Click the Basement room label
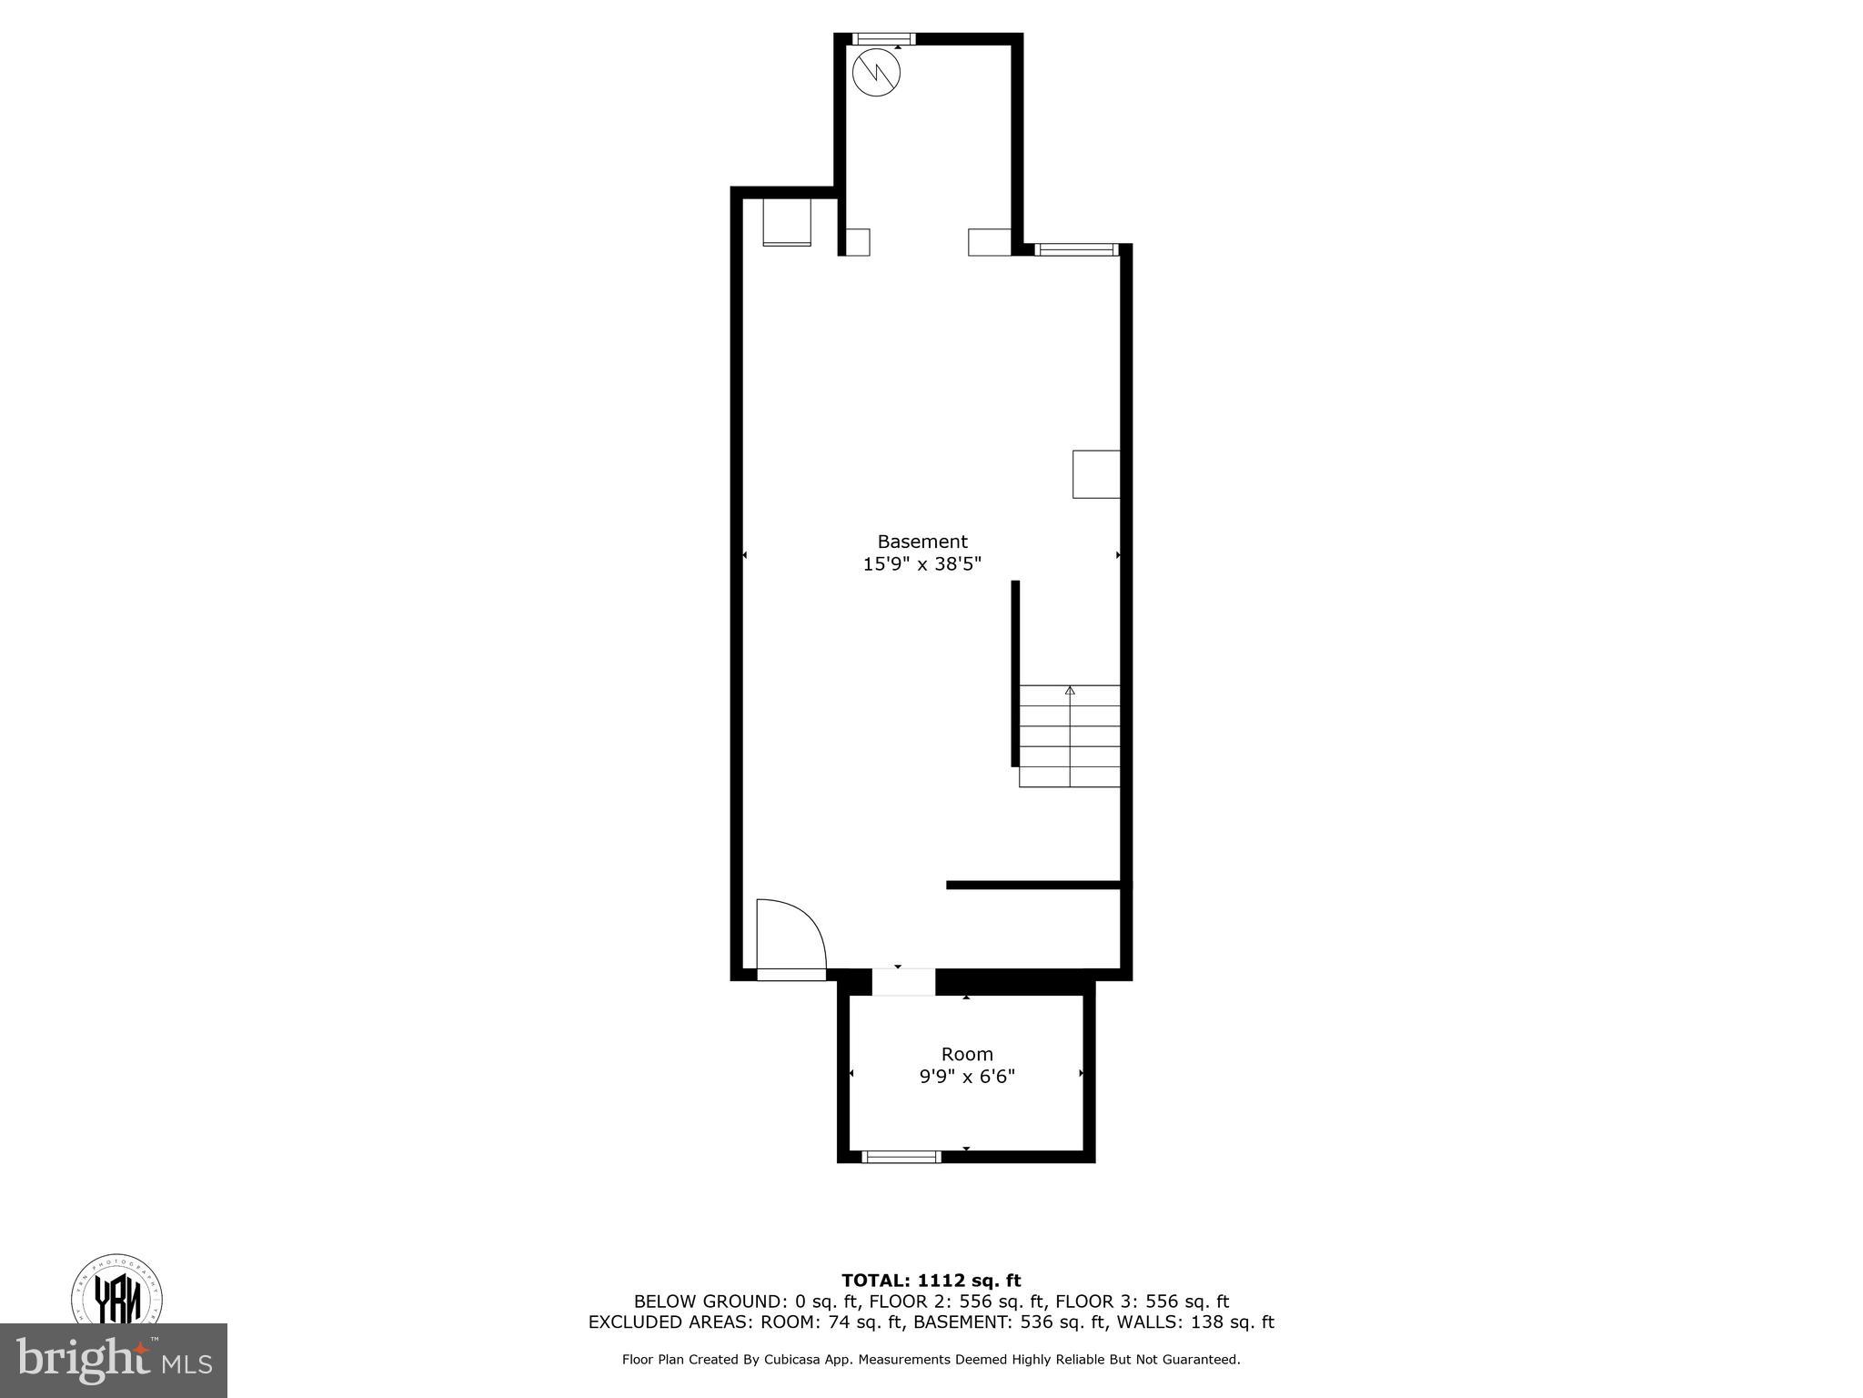tap(921, 542)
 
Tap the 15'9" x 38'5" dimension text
tap(921, 564)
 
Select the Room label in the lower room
tap(966, 1054)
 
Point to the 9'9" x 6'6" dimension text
tap(966, 1077)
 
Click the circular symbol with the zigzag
tap(876, 72)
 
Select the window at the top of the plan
tap(883, 39)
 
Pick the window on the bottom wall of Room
tap(901, 1157)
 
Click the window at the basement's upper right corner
tap(1075, 249)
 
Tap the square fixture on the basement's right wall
tap(1096, 474)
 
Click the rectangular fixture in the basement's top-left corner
tap(786, 222)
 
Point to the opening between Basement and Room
tap(903, 982)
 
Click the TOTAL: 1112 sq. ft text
tap(931, 1281)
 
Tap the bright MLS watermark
tap(113, 1361)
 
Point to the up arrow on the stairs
tap(1070, 691)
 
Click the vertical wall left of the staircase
tap(1015, 674)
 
